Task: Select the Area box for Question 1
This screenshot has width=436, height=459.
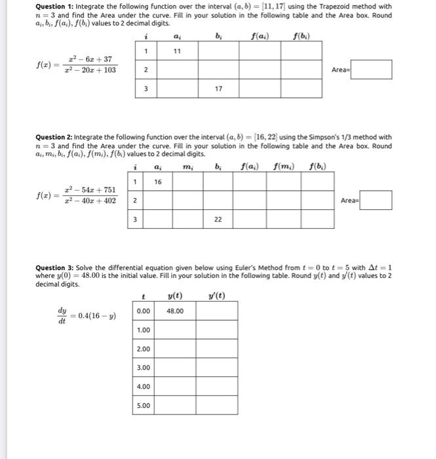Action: [371, 69]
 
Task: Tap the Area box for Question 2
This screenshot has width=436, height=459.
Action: [371, 200]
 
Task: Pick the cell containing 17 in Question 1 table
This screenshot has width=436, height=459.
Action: [217, 89]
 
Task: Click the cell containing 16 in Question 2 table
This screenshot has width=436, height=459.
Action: [158, 182]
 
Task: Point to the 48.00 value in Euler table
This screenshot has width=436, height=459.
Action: [175, 311]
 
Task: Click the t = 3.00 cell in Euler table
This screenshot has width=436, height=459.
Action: [144, 368]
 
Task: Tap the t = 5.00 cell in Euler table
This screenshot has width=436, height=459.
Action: [144, 405]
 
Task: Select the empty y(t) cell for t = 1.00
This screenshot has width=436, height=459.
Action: [175, 330]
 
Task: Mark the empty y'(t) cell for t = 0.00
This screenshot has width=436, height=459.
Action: [216, 311]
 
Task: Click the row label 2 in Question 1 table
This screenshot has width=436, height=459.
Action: [146, 70]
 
